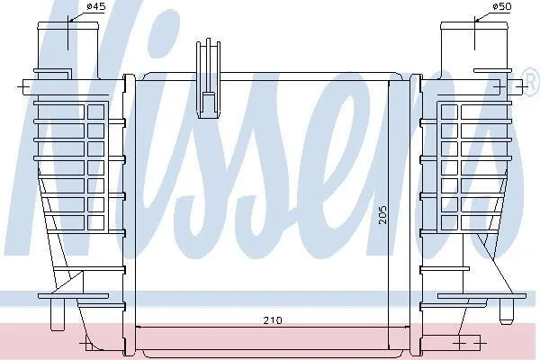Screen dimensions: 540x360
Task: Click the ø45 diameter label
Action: click(x=95, y=6)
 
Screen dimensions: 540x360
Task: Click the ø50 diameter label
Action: click(x=502, y=6)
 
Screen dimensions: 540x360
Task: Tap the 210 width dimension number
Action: click(x=273, y=320)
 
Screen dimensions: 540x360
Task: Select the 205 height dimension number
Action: click(x=382, y=215)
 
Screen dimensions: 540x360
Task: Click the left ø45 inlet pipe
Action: click(x=68, y=50)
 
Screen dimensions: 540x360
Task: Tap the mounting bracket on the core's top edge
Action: click(x=209, y=78)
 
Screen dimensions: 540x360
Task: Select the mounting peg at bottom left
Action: click(x=58, y=314)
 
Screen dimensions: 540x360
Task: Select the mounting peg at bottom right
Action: click(x=506, y=311)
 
